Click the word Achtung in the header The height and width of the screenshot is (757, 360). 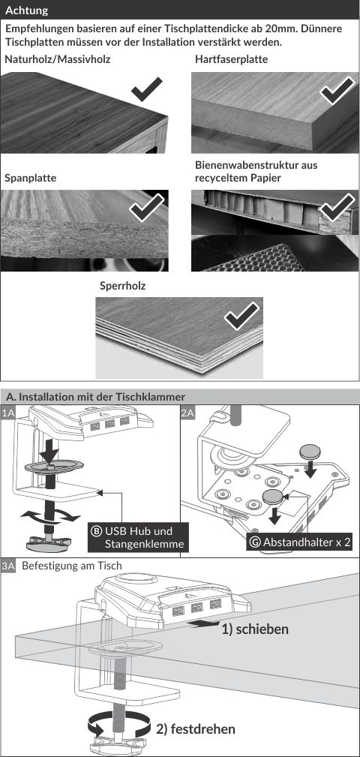(26, 11)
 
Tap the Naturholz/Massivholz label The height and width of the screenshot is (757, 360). (58, 60)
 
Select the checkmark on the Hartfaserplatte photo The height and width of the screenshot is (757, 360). (337, 90)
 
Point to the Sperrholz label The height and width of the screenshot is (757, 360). (122, 286)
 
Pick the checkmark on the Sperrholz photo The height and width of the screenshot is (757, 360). (241, 316)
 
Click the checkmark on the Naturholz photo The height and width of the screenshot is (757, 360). (147, 88)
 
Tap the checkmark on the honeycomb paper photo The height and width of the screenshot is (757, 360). (337, 207)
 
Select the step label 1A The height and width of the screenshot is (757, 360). (7, 413)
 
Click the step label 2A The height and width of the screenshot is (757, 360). (187, 413)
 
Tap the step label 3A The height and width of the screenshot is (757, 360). (7, 566)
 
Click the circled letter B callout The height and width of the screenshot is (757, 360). (95, 531)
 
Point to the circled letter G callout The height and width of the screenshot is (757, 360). (255, 542)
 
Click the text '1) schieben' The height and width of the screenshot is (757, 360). (255, 629)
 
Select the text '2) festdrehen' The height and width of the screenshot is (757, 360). (196, 728)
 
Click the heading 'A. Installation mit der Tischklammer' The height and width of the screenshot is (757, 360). (95, 397)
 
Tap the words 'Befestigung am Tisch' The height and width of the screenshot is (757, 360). (72, 566)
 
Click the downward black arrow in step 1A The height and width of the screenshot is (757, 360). (49, 452)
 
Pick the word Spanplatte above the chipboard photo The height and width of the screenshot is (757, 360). (31, 178)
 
